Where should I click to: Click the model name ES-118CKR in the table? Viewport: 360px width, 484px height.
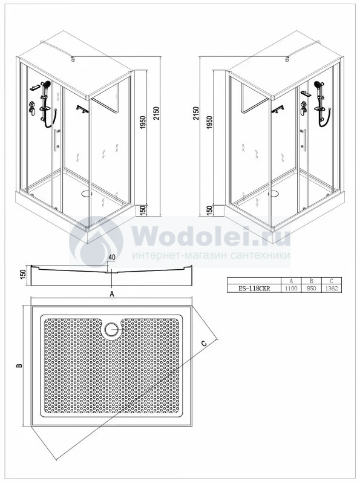point(254,289)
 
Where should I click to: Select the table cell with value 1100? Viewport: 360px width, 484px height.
point(291,289)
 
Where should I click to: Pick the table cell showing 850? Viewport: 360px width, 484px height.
point(311,289)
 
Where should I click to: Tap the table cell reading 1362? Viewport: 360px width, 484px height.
point(332,289)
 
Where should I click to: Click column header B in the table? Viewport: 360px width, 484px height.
point(311,281)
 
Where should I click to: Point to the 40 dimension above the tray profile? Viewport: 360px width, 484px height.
point(112,257)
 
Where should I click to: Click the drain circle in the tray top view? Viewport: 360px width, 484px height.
point(111,329)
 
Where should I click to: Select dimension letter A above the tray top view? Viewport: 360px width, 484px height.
point(113,294)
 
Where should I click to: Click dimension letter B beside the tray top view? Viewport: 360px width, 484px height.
point(19,366)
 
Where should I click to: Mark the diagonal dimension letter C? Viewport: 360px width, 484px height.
point(204,343)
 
